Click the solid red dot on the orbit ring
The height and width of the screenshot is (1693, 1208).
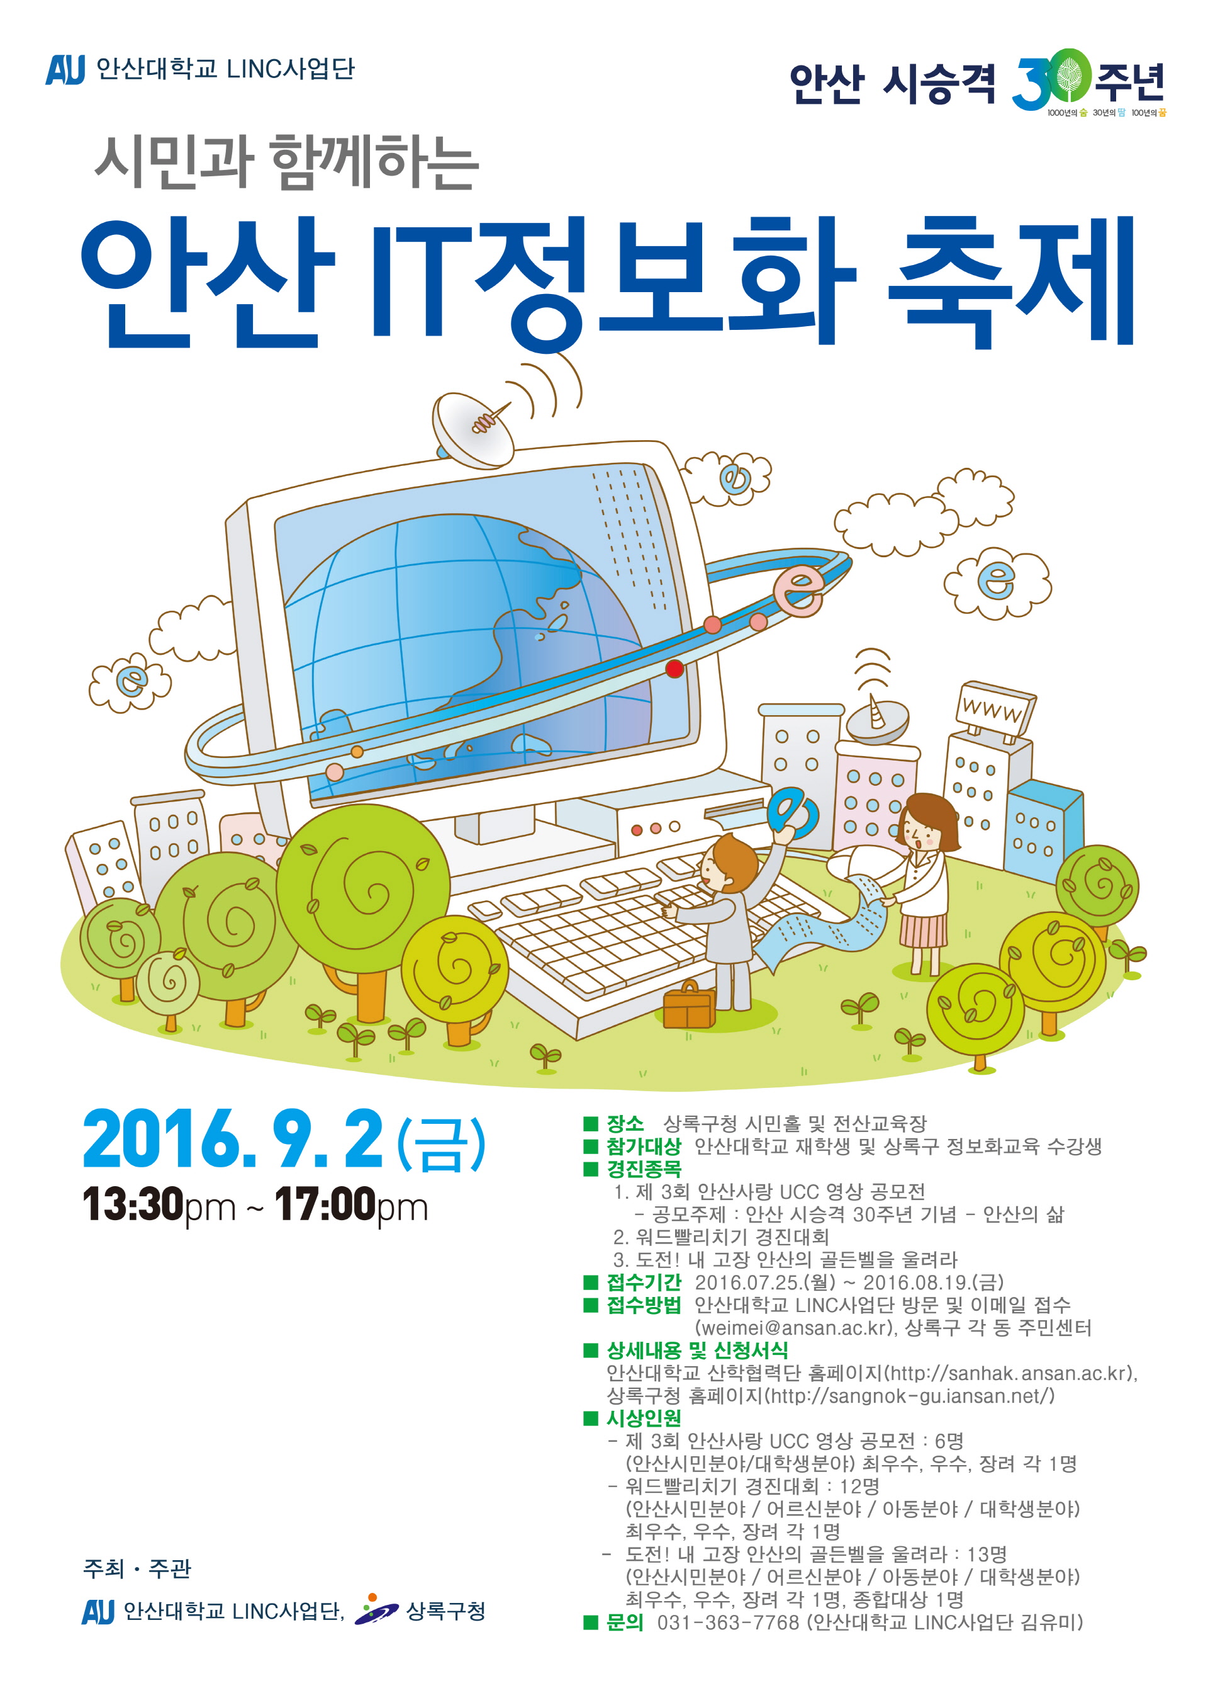pos(674,668)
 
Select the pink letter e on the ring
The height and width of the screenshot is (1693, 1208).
pos(798,590)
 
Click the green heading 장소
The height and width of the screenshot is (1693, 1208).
pos(625,1123)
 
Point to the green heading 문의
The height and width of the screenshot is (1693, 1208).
pos(625,1622)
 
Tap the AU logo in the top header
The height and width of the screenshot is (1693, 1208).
pos(65,69)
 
